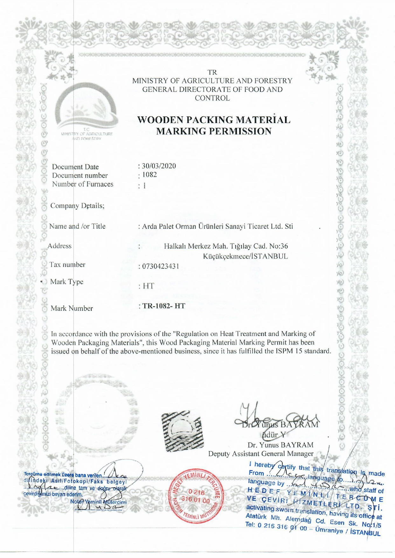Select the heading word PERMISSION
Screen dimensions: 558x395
tap(214, 131)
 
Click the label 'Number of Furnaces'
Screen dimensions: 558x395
tap(83, 184)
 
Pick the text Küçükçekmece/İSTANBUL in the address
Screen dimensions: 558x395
tap(246, 256)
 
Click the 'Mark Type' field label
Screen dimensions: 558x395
tap(67, 282)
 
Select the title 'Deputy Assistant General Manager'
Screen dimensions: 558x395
tap(261, 454)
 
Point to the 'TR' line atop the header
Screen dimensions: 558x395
tap(212, 72)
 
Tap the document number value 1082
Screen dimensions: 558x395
tap(149, 175)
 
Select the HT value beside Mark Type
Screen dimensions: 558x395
tap(148, 286)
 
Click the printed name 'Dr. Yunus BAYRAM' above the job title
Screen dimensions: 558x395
tap(280, 445)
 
